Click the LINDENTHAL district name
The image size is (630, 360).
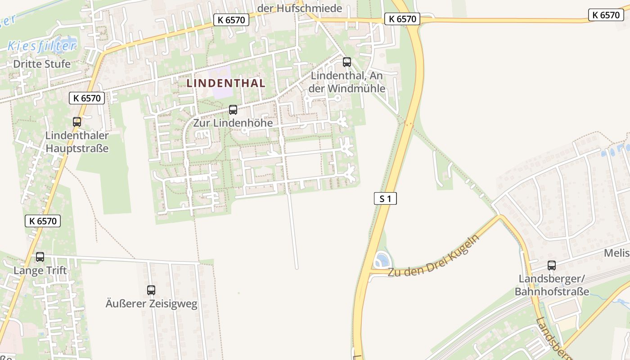pyautogui.click(x=226, y=83)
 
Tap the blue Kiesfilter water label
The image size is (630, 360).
pyautogui.click(x=42, y=45)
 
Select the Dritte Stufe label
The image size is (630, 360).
pyautogui.click(x=42, y=64)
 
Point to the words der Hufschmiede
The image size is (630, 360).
pyautogui.click(x=300, y=8)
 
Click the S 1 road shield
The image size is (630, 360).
pyautogui.click(x=385, y=198)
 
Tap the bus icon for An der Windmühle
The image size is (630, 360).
pyautogui.click(x=346, y=62)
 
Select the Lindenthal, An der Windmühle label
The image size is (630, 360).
pyautogui.click(x=348, y=82)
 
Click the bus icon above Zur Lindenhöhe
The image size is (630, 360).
pyautogui.click(x=233, y=109)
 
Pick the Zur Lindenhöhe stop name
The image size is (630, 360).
pyautogui.click(x=233, y=123)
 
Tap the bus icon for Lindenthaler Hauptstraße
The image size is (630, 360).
pyautogui.click(x=77, y=121)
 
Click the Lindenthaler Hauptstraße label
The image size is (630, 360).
pyautogui.click(x=77, y=142)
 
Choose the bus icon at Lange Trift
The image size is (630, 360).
pyautogui.click(x=40, y=257)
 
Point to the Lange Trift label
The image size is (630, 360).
pyautogui.click(x=40, y=270)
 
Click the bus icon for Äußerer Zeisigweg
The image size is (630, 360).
pyautogui.click(x=151, y=290)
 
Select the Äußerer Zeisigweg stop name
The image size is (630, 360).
pyautogui.click(x=151, y=304)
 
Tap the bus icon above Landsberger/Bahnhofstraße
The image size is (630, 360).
pyautogui.click(x=551, y=265)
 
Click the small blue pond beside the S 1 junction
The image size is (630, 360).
pyautogui.click(x=382, y=260)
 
